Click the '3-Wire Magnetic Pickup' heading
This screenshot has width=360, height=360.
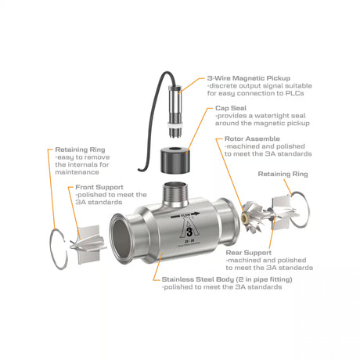tap(249, 78)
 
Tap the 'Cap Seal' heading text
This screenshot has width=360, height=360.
tap(231, 108)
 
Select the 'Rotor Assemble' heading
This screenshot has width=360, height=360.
tap(252, 139)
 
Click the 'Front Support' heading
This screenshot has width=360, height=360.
tap(99, 187)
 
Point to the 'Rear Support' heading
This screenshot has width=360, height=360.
tap(249, 253)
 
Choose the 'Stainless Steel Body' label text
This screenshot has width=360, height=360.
tap(198, 279)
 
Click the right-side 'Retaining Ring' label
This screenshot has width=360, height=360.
tap(283, 174)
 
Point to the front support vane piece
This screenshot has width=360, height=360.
tap(88, 245)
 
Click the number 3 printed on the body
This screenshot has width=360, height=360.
tap(189, 232)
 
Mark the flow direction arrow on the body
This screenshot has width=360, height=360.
tap(185, 215)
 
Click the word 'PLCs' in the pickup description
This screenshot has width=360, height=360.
tap(295, 93)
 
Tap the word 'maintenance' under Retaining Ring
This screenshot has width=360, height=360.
tap(77, 172)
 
